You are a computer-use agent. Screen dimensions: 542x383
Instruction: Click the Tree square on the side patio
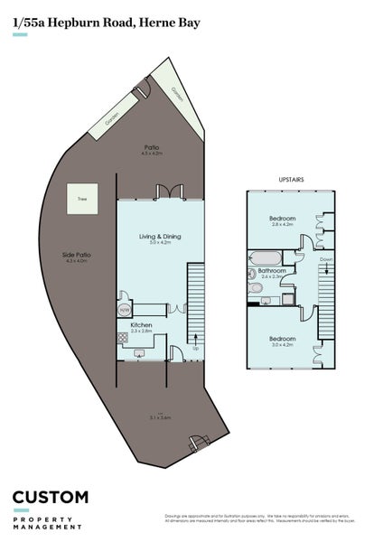click(81, 198)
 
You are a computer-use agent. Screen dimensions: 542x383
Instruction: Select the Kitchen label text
click(140, 324)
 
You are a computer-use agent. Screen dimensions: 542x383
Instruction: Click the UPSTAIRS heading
click(291, 180)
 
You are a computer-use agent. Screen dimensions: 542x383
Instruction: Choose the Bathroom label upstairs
click(272, 270)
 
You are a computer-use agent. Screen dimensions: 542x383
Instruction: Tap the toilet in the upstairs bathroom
click(256, 288)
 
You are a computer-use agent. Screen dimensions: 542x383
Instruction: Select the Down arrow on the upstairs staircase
click(325, 261)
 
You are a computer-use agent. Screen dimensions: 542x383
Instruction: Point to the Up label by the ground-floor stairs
click(195, 348)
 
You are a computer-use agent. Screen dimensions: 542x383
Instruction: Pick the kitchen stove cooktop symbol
click(123, 337)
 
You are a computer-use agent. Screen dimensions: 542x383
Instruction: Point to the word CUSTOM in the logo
click(51, 498)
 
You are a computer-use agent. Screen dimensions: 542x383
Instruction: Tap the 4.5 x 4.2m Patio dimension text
click(152, 154)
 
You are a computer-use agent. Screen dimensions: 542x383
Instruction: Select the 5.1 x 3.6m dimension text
click(160, 417)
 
